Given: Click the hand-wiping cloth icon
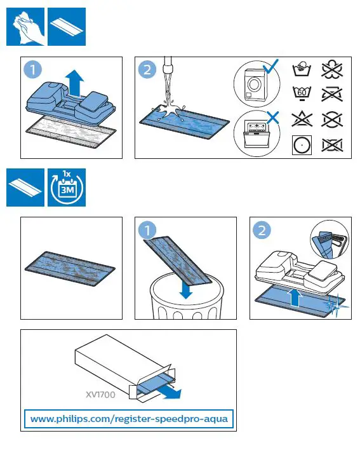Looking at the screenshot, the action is [x=25, y=27].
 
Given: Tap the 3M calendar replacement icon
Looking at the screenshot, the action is [x=67, y=187].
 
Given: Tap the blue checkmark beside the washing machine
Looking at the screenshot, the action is [x=270, y=66].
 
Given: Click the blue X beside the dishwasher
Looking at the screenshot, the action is [x=272, y=118].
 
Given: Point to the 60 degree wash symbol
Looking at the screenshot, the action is [x=302, y=93].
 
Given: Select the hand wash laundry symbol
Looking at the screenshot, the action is [x=302, y=69].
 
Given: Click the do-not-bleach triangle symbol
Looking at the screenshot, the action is [x=302, y=119].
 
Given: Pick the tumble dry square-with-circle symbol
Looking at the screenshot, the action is [x=302, y=145].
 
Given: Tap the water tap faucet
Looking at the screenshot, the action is [x=168, y=66].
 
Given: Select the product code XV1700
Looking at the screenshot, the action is [x=100, y=395].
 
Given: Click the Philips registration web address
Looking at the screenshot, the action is [x=129, y=419].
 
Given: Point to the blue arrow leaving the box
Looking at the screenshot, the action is [x=171, y=392].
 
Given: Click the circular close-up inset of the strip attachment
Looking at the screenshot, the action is [x=330, y=240].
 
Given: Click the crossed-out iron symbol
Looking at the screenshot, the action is [x=332, y=94].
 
